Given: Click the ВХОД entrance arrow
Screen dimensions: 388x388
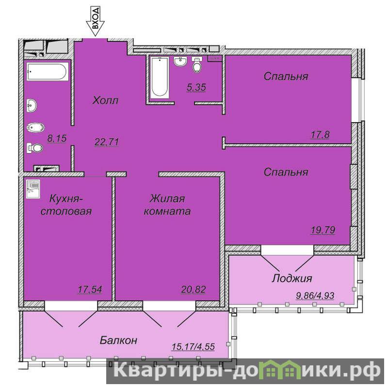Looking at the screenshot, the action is tap(95, 21).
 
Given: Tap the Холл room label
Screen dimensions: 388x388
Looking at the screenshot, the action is tap(105, 100).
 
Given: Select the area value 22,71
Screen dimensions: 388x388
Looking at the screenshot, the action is tap(107, 142).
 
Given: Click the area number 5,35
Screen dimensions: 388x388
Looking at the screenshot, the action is tap(196, 87).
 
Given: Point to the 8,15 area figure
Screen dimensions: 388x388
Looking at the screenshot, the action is tap(57, 138).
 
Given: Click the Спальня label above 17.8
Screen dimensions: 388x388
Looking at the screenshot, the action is tap(286, 76).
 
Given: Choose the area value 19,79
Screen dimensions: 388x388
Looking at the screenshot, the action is tap(323, 230).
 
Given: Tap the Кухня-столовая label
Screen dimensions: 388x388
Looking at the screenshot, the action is tap(66, 205).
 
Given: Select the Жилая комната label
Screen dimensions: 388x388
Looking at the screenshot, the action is tap(167, 205).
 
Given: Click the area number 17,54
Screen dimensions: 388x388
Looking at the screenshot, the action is tap(90, 289).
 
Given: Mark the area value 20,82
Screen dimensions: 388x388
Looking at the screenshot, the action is tap(193, 289).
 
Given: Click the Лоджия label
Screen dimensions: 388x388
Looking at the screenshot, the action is tap(292, 278).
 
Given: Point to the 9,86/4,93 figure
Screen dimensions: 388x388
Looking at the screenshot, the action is tap(315, 295).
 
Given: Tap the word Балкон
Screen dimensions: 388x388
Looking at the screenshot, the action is tap(118, 340).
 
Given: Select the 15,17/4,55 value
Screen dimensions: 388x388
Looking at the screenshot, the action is tap(193, 346).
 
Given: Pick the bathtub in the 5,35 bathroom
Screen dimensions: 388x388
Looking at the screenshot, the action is tap(160, 78).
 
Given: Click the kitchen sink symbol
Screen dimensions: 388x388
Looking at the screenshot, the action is tap(33, 189).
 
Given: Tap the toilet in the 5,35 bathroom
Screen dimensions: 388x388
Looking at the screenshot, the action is tap(197, 65).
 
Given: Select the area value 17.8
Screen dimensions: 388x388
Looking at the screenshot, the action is tap(320, 135).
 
